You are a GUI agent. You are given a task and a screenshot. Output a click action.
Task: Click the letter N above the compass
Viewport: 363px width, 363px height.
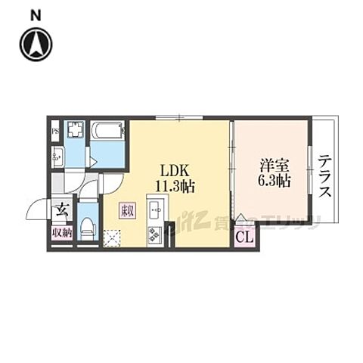[x=36, y=13]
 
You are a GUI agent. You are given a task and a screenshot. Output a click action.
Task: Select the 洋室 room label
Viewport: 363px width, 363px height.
[x=274, y=164]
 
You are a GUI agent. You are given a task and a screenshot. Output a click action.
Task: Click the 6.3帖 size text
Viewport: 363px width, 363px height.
[x=275, y=181]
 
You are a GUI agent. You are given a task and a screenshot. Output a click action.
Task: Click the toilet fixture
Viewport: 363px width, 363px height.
[x=87, y=225]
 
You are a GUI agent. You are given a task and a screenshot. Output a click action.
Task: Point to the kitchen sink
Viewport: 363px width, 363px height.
[x=157, y=206]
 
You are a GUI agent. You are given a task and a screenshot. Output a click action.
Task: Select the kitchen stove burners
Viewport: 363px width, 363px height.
[x=157, y=232]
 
